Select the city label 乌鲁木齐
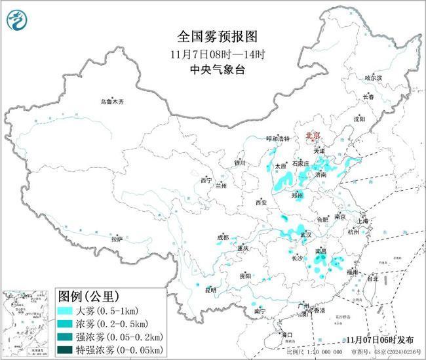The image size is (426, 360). click(111, 102)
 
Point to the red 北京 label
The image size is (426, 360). click(314, 136)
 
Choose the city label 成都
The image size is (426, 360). click(223, 237)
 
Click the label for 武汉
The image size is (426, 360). click(305, 234)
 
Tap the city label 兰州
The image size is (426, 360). click(221, 186)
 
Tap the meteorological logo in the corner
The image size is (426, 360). click(14, 22)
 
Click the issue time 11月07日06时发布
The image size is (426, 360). click(380, 340)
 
